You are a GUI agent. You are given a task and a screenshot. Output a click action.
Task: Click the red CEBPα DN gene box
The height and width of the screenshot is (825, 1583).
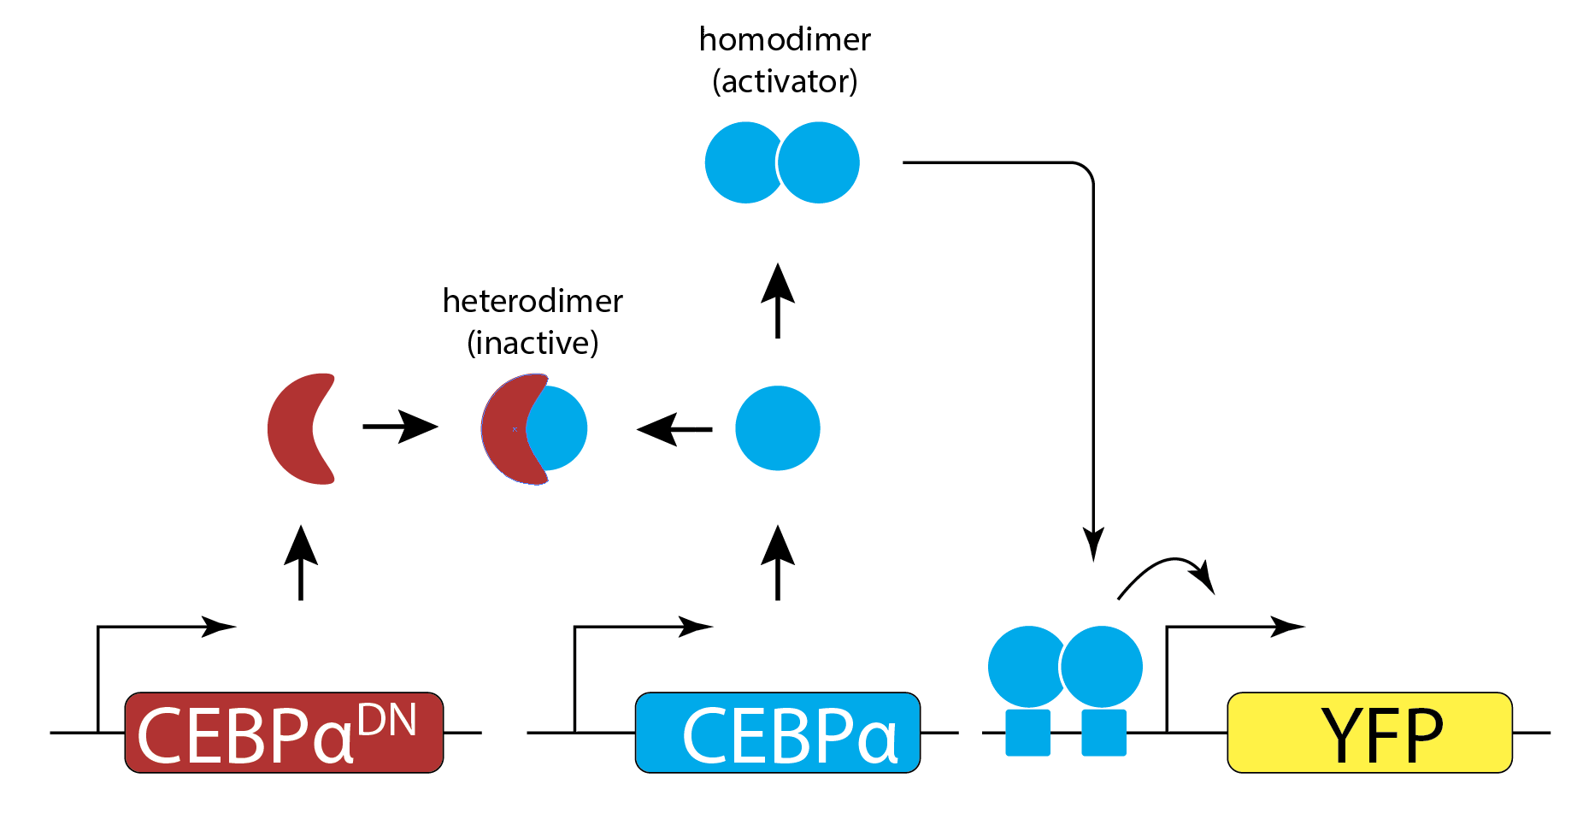[x=284, y=733]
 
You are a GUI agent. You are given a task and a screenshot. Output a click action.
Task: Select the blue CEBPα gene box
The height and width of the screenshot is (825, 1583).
[x=777, y=733]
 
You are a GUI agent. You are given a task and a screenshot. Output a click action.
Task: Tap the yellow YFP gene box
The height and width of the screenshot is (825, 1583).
[x=1369, y=733]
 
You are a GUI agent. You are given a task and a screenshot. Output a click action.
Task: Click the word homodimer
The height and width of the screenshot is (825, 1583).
[x=785, y=40]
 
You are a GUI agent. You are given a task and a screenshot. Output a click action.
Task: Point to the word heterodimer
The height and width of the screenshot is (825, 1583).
[x=533, y=302]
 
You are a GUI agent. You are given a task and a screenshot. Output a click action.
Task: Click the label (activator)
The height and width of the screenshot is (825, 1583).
[x=785, y=82]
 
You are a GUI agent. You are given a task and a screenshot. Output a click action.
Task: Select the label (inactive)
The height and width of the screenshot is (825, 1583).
[x=533, y=344]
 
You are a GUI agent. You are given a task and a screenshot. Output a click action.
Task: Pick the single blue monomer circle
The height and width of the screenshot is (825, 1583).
[x=777, y=428]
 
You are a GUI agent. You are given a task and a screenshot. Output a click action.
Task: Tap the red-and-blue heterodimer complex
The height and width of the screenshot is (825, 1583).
[x=533, y=428]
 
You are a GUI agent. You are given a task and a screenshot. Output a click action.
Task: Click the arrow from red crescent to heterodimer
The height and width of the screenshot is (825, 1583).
[x=399, y=426]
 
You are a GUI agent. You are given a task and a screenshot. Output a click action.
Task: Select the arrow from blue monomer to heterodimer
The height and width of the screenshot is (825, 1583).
[x=675, y=428]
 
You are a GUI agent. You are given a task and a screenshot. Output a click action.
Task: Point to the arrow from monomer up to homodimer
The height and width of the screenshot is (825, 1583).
[x=777, y=301]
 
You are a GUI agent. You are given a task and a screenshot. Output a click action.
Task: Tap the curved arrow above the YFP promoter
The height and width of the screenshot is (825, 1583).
[x=1167, y=573]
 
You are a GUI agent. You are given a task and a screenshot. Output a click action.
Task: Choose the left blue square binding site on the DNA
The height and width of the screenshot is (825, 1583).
[x=1027, y=733]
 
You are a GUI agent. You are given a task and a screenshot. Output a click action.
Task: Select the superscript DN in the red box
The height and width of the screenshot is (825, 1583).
[x=387, y=720]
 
